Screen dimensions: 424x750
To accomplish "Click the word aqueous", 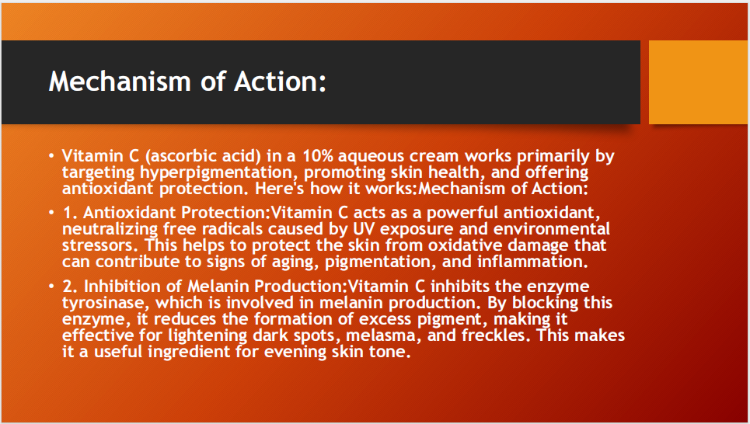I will tap(351, 156).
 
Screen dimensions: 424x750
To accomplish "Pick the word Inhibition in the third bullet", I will tap(120, 287).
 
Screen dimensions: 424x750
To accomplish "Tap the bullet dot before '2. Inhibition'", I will tap(51, 287).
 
